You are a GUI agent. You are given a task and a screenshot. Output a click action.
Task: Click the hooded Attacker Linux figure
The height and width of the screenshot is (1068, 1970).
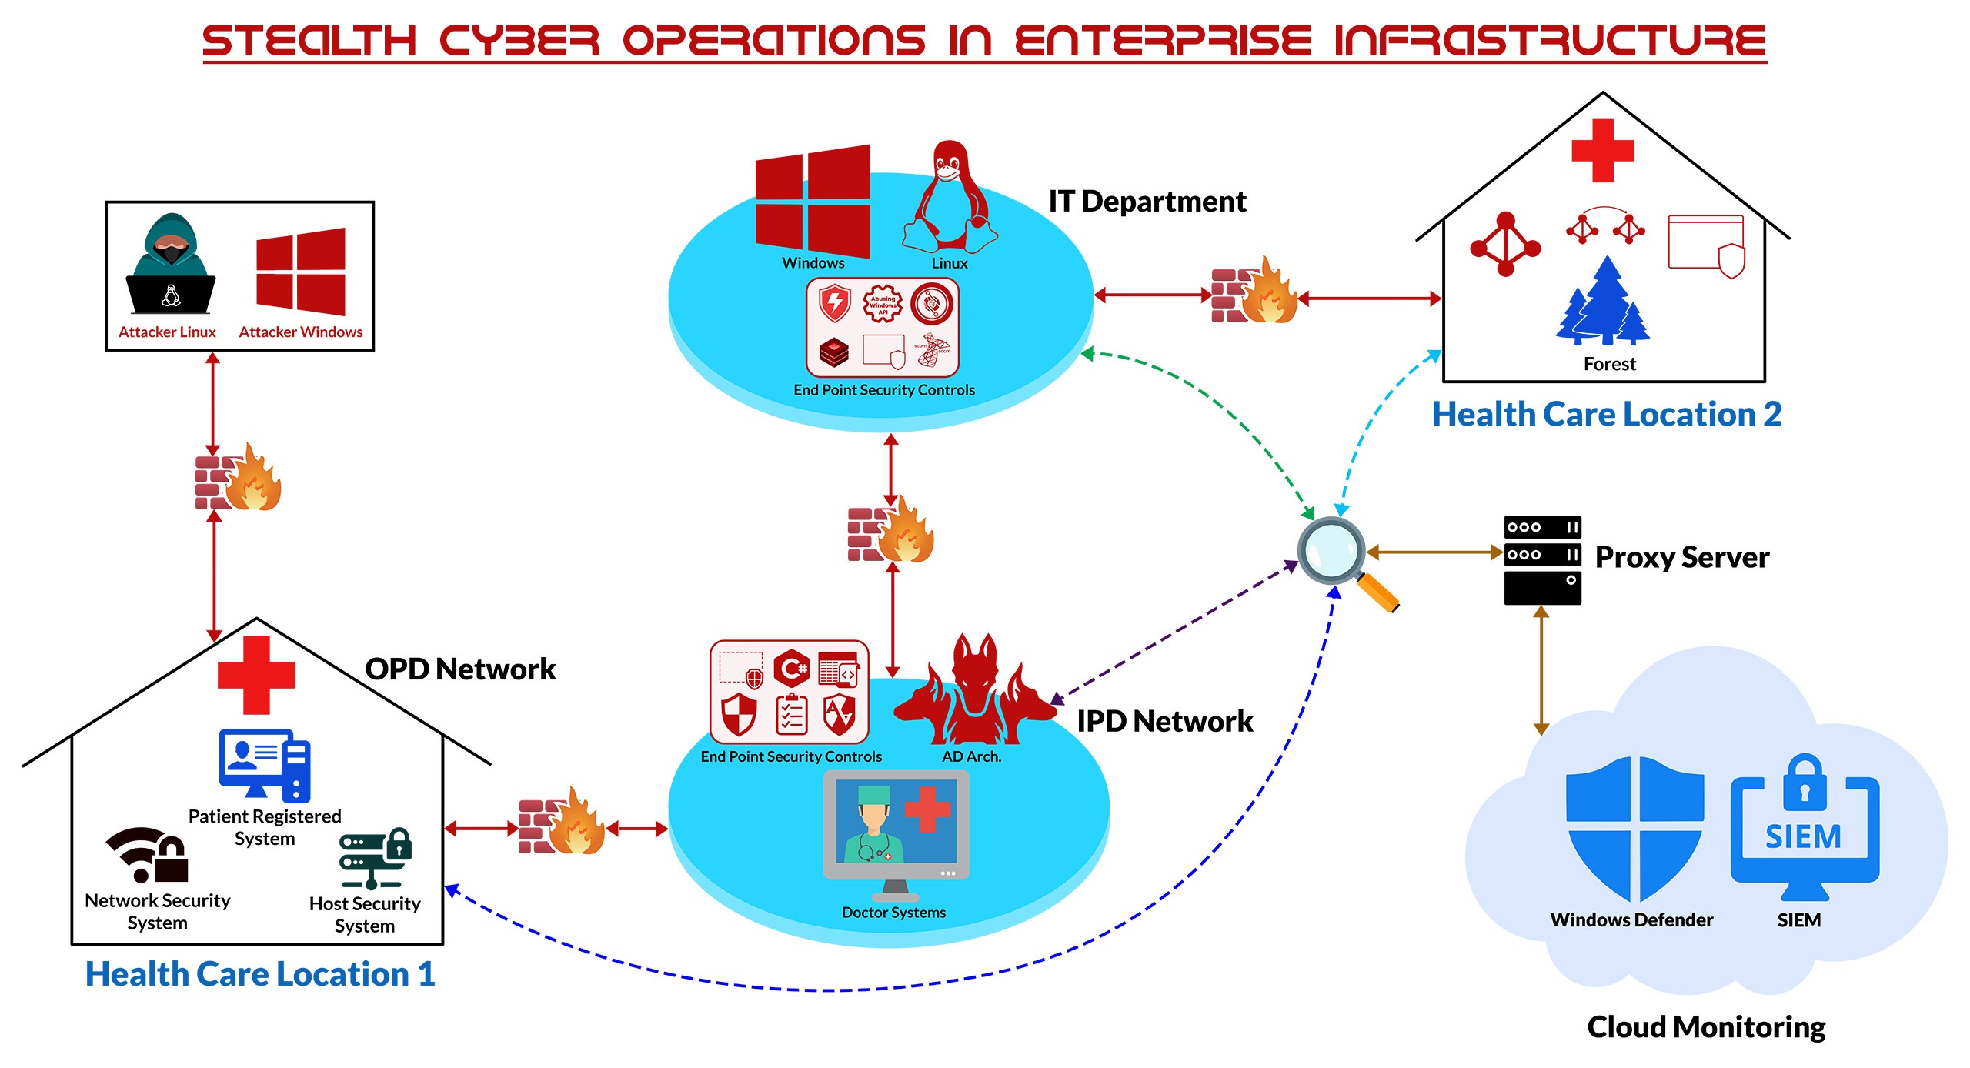coord(171,265)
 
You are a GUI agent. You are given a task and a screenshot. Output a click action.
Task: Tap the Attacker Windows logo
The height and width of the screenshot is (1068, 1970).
coord(301,272)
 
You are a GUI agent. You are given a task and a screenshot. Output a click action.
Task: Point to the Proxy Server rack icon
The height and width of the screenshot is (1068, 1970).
coord(1542,559)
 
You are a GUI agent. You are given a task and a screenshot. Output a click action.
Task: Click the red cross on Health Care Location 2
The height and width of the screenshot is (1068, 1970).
coord(1603,151)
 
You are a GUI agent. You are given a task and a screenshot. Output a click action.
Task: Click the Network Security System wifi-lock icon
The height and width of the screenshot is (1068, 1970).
coord(149,855)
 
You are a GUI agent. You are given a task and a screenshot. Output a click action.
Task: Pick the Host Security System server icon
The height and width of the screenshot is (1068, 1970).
coord(375,858)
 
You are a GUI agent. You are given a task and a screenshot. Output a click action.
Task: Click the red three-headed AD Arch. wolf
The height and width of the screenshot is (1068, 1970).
coord(974,690)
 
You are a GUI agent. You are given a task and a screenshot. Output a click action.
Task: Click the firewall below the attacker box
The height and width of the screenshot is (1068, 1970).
coord(237,479)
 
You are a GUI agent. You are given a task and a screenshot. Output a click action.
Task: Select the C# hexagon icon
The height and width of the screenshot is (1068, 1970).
coord(791,668)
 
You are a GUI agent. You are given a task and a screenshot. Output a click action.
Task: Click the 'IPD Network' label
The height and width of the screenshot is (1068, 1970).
coord(1164,721)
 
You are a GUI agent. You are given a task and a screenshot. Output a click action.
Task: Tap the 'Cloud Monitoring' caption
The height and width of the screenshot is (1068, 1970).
coord(1706,1027)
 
